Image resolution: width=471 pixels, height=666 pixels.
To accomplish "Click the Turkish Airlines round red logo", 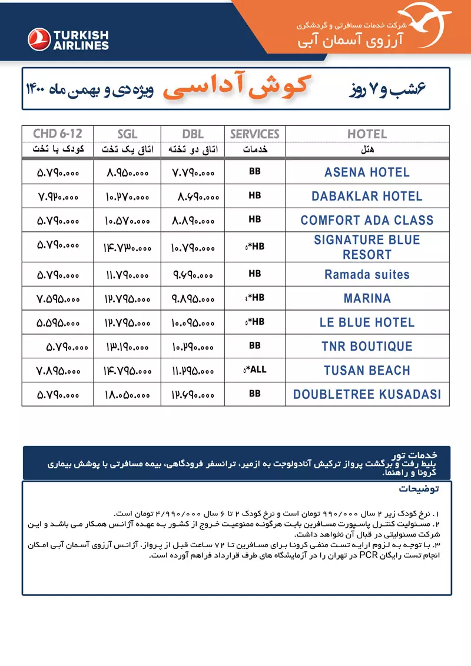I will coord(39,39).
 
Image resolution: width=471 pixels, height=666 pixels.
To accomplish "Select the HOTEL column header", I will coord(367,134).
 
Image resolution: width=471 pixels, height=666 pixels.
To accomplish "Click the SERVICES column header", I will coord(254,134).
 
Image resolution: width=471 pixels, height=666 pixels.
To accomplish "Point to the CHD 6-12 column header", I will coord(57,134).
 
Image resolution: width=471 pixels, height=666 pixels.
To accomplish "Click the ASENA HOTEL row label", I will coord(367,172).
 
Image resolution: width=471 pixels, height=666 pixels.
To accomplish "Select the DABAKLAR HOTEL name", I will coord(367,197).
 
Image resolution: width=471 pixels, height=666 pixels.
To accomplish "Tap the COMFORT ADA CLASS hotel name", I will coord(367,221).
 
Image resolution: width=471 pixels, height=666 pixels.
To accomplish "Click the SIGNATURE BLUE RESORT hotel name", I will coord(367,247).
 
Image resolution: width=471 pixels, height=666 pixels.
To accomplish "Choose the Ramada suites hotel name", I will coord(367,275).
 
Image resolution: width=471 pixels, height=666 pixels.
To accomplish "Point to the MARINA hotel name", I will coord(367,299).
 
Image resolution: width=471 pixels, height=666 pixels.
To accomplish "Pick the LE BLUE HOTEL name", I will coord(367,322).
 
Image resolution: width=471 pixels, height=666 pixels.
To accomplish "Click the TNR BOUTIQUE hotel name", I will coord(367,347).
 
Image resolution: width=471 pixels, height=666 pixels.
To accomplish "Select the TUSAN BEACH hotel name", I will coord(367,371).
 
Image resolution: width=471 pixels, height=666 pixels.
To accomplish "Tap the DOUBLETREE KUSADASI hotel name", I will coord(367,395).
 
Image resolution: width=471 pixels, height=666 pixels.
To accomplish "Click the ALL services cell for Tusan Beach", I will coord(255,369).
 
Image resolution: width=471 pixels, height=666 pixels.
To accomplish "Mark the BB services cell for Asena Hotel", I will coord(254,172).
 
